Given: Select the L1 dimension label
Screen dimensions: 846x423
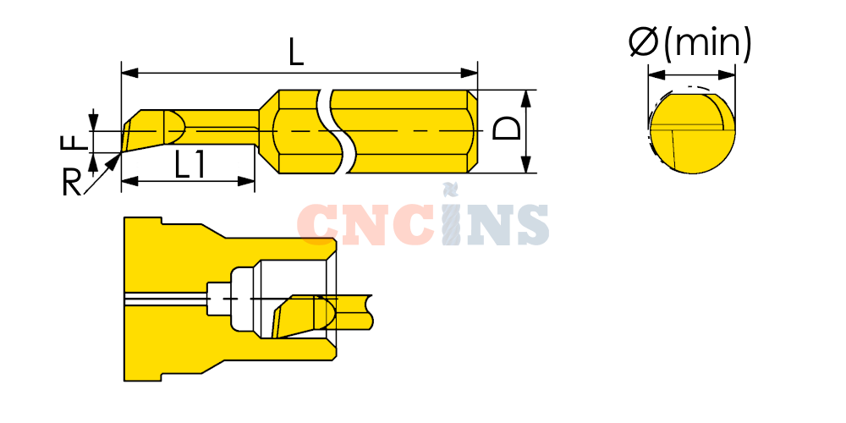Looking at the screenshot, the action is click(x=190, y=165).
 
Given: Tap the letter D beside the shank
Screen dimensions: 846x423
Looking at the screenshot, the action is click(x=507, y=130).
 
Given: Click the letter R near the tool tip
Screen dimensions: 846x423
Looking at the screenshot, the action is click(x=72, y=183).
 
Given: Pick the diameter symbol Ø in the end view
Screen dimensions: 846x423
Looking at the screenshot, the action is click(x=644, y=42).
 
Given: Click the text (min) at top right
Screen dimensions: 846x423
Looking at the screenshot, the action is click(x=706, y=44).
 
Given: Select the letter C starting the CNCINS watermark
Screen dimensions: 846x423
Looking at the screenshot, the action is click(x=316, y=224).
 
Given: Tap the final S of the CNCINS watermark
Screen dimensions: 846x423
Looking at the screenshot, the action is click(x=529, y=224).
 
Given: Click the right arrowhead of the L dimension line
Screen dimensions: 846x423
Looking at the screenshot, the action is click(x=470, y=73).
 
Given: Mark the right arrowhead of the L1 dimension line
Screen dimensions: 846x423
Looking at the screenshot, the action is click(x=246, y=181).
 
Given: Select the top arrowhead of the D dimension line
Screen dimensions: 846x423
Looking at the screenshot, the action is click(x=527, y=97).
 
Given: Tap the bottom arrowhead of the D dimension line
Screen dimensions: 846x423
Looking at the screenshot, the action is click(x=527, y=165).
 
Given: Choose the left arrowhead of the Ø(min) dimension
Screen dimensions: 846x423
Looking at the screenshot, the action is click(x=656, y=74).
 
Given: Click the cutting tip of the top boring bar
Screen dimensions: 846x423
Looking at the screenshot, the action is click(x=122, y=152).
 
